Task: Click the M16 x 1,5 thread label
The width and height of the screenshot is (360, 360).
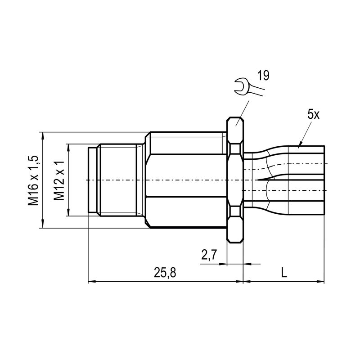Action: point(33,180)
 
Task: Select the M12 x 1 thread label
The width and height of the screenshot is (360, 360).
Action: point(58,180)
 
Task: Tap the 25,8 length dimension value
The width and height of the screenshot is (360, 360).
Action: point(165,273)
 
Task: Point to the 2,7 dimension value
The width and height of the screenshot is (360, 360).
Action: point(209,255)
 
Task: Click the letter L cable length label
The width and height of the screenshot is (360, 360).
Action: point(283,272)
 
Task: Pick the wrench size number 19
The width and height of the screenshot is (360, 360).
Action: point(263,76)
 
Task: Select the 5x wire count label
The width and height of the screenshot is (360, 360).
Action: point(314,114)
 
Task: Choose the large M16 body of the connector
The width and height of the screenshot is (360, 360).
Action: point(187,180)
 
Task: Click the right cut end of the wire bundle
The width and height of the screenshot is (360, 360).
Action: point(324,180)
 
